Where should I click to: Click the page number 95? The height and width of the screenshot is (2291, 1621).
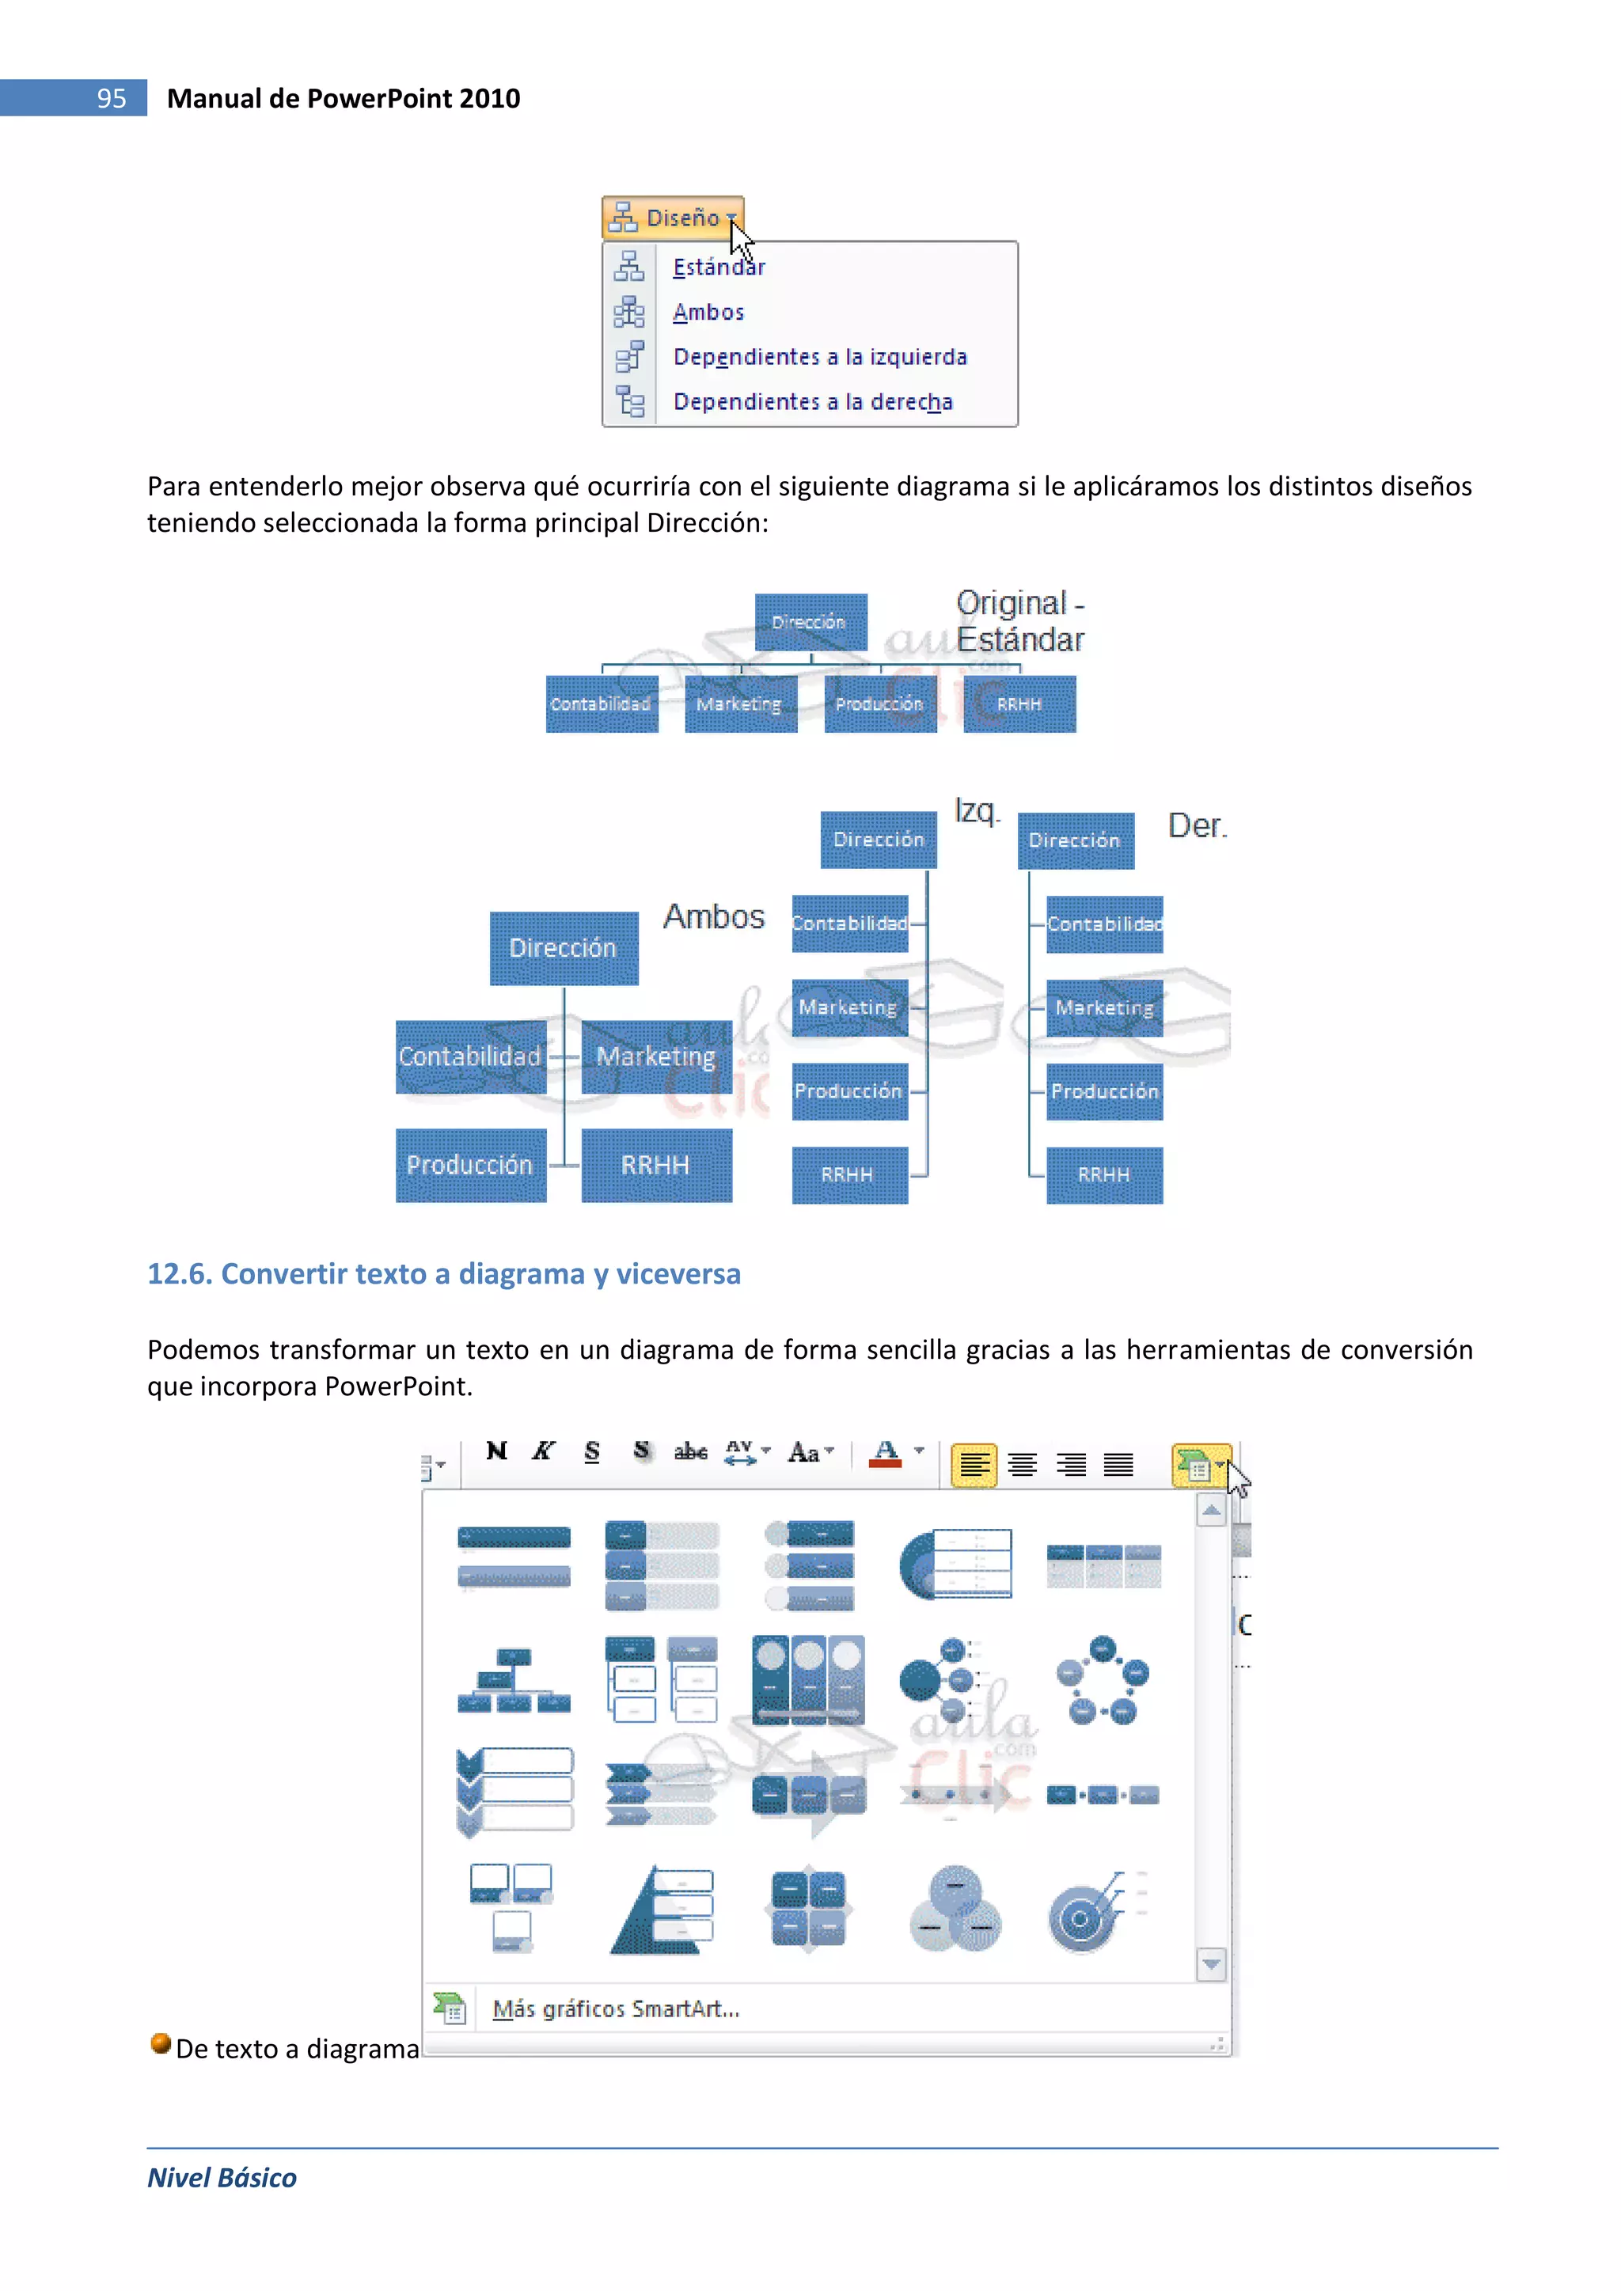pyautogui.click(x=111, y=98)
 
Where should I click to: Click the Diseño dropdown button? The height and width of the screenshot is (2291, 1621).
pyautogui.click(x=673, y=217)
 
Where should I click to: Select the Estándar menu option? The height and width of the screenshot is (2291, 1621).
pyautogui.click(x=719, y=267)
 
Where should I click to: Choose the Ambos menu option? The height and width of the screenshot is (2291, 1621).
pyautogui.click(x=708, y=313)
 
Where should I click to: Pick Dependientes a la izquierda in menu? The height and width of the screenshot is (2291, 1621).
pyautogui.click(x=819, y=357)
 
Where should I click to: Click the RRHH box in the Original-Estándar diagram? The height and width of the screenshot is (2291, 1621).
pyautogui.click(x=1019, y=704)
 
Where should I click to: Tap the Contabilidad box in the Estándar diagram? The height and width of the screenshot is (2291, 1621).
pyautogui.click(x=601, y=704)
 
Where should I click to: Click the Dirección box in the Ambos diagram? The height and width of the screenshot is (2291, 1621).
pyautogui.click(x=563, y=948)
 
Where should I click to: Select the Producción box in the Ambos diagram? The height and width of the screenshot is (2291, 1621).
pyautogui.click(x=470, y=1166)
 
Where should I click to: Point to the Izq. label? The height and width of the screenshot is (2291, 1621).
pyautogui.click(x=976, y=810)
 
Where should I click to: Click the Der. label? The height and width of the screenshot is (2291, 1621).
pyautogui.click(x=1197, y=826)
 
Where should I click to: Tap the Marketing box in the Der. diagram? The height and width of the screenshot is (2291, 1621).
pyautogui.click(x=1104, y=1007)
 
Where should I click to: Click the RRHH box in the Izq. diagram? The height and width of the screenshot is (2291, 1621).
pyautogui.click(x=849, y=1175)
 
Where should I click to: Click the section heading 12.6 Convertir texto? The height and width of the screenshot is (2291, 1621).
pyautogui.click(x=443, y=1274)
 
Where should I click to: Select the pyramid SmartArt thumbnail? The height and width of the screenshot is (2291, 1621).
pyautogui.click(x=661, y=1910)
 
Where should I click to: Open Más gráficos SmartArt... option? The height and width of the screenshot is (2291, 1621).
pyautogui.click(x=616, y=2008)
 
